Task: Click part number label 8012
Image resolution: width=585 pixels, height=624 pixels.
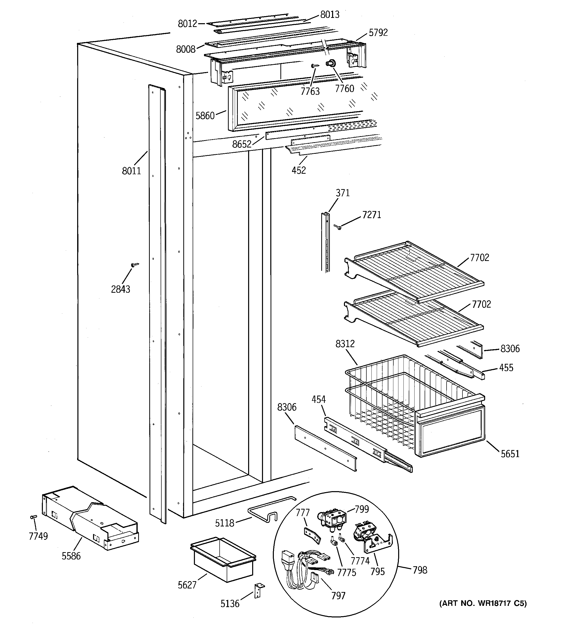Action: point(187,23)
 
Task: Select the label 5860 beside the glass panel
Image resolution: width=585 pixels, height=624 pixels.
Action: point(205,116)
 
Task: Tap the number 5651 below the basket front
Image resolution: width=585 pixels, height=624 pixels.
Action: point(510,454)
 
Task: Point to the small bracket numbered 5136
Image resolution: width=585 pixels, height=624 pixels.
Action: point(259,590)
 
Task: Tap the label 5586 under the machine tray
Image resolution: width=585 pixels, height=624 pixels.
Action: point(71,556)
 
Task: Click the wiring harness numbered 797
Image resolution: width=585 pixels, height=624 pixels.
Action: point(301,565)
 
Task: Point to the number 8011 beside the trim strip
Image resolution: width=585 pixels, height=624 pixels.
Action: point(131,171)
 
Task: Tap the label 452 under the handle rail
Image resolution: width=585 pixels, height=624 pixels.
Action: point(299,170)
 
